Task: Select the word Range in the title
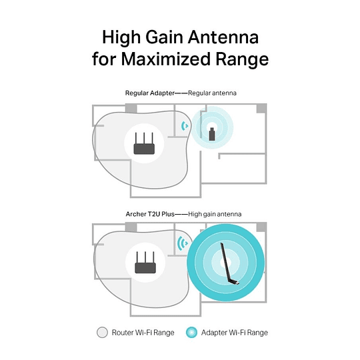(x=241, y=59)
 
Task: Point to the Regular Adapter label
(x=147, y=93)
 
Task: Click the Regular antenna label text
(x=212, y=93)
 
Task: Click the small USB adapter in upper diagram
(x=213, y=133)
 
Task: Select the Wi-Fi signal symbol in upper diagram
(x=184, y=125)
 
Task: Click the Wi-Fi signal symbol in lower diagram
(x=181, y=243)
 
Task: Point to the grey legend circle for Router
(x=102, y=332)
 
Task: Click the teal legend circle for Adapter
(x=192, y=332)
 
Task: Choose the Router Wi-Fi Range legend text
(x=142, y=332)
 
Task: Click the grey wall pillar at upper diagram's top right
(x=261, y=108)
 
